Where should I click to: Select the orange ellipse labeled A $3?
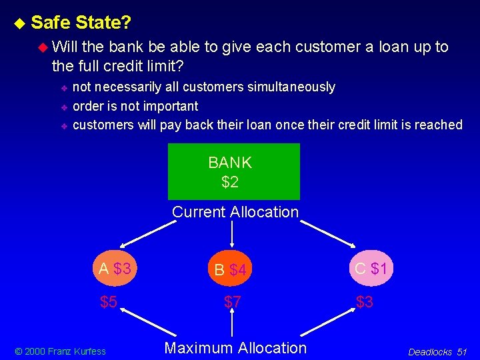[x=115, y=269]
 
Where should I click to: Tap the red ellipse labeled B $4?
[x=231, y=270]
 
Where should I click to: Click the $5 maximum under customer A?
[x=109, y=302]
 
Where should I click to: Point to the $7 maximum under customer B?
[x=232, y=302]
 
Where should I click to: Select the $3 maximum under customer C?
[x=364, y=302]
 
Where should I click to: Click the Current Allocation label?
[x=235, y=212]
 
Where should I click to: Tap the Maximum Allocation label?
[x=235, y=347]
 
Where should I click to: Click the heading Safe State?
[x=81, y=23]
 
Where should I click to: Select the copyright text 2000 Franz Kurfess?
[x=61, y=351]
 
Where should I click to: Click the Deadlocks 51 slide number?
[x=437, y=351]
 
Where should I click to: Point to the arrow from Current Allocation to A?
[x=143, y=233]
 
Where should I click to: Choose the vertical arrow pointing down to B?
[x=232, y=235]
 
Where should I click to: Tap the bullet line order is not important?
[x=135, y=106]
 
